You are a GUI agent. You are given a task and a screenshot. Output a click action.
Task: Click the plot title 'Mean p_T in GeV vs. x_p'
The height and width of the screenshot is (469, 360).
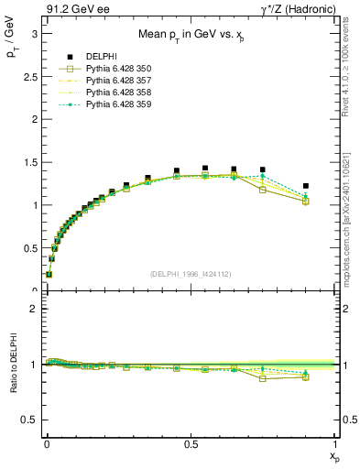point(190,37)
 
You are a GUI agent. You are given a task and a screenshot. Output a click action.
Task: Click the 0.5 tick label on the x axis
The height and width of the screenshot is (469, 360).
point(191,444)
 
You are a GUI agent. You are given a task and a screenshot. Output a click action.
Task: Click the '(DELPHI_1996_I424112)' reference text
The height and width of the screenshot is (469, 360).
point(190,274)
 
